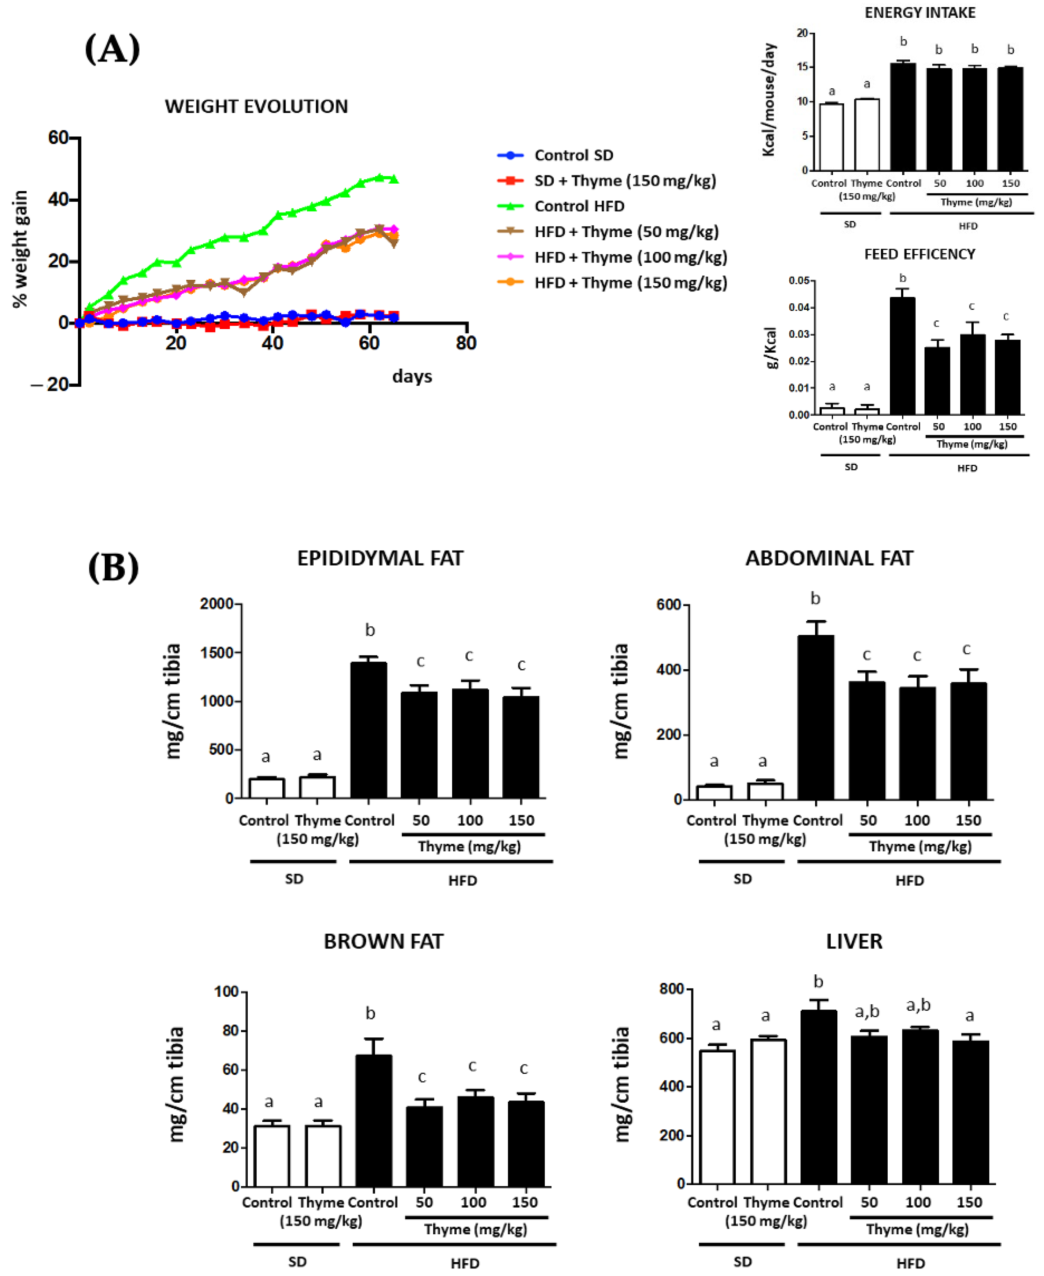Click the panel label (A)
coord(112,49)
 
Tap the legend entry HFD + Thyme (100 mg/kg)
coord(630,257)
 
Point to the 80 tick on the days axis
coord(466,343)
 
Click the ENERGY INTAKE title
coord(920,13)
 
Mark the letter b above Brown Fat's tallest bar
coord(371,1013)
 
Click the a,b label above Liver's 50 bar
coord(867,1012)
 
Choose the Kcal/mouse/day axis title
coord(769,100)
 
